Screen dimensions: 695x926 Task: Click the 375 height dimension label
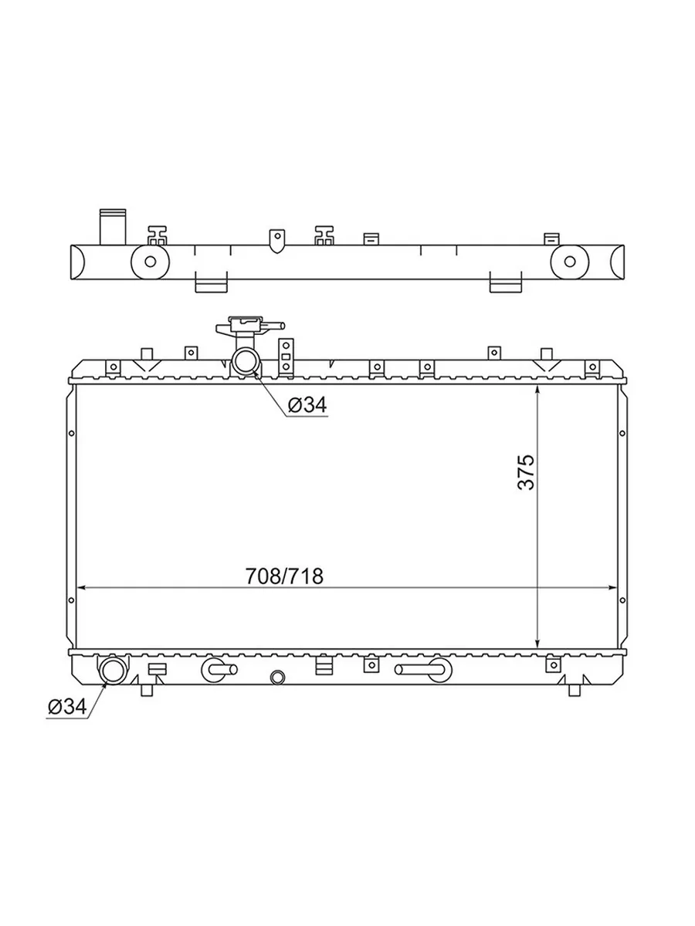coord(526,472)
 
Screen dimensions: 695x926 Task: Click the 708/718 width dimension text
coord(284,576)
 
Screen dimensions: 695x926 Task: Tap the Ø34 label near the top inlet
coord(307,405)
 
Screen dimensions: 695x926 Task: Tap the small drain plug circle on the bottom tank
coord(277,678)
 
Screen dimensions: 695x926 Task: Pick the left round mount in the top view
coord(151,262)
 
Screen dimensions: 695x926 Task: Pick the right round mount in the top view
coord(570,262)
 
